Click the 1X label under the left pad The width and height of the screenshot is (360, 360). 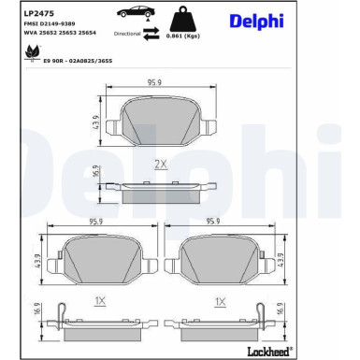pyautogui.click(x=98, y=302)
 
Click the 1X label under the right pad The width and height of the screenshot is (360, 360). pyautogui.click(x=221, y=302)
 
